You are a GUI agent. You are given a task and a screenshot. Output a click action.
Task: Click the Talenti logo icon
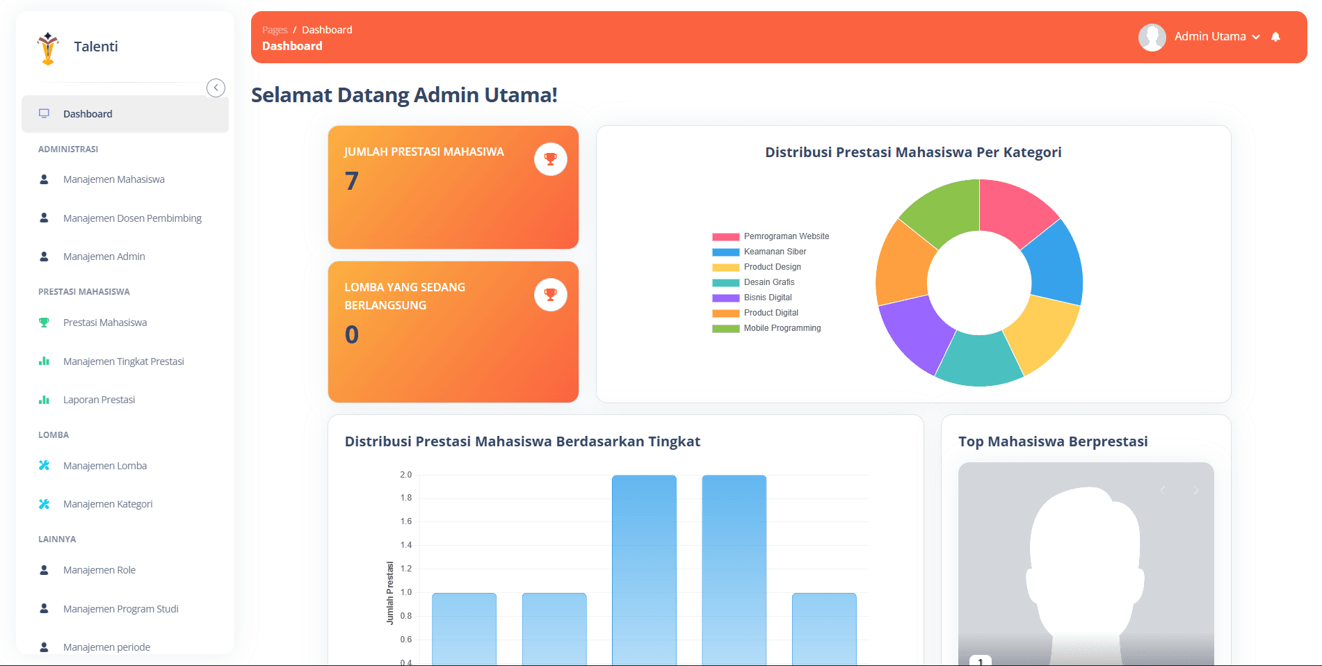point(48,48)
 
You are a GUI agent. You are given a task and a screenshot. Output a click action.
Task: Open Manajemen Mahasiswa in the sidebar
point(113,179)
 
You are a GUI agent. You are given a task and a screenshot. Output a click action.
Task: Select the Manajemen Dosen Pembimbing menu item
point(132,218)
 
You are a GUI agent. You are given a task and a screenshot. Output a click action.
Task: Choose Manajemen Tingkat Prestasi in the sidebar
point(123,362)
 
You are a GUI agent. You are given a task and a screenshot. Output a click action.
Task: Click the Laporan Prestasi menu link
point(99,400)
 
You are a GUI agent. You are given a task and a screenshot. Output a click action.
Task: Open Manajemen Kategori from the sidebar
point(108,504)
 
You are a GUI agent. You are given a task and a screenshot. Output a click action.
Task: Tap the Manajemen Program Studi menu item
point(120,609)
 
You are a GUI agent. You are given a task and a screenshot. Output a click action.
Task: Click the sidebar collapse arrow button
point(216,88)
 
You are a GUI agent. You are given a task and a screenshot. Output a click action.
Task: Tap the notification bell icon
point(1275,37)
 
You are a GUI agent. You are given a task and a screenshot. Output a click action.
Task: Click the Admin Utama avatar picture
point(1152,38)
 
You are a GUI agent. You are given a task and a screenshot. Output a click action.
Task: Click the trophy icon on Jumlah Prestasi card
point(550,159)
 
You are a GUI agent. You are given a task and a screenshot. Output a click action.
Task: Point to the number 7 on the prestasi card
point(352,181)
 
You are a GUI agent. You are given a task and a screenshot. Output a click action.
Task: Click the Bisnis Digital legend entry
point(768,298)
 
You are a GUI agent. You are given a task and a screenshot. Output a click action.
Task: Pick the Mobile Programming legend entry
point(782,328)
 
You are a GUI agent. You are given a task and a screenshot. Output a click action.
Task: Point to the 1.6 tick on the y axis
point(406,521)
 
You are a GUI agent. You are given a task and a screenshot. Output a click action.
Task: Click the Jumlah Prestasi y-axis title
point(390,592)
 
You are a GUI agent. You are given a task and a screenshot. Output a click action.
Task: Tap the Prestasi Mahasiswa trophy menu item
point(104,323)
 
